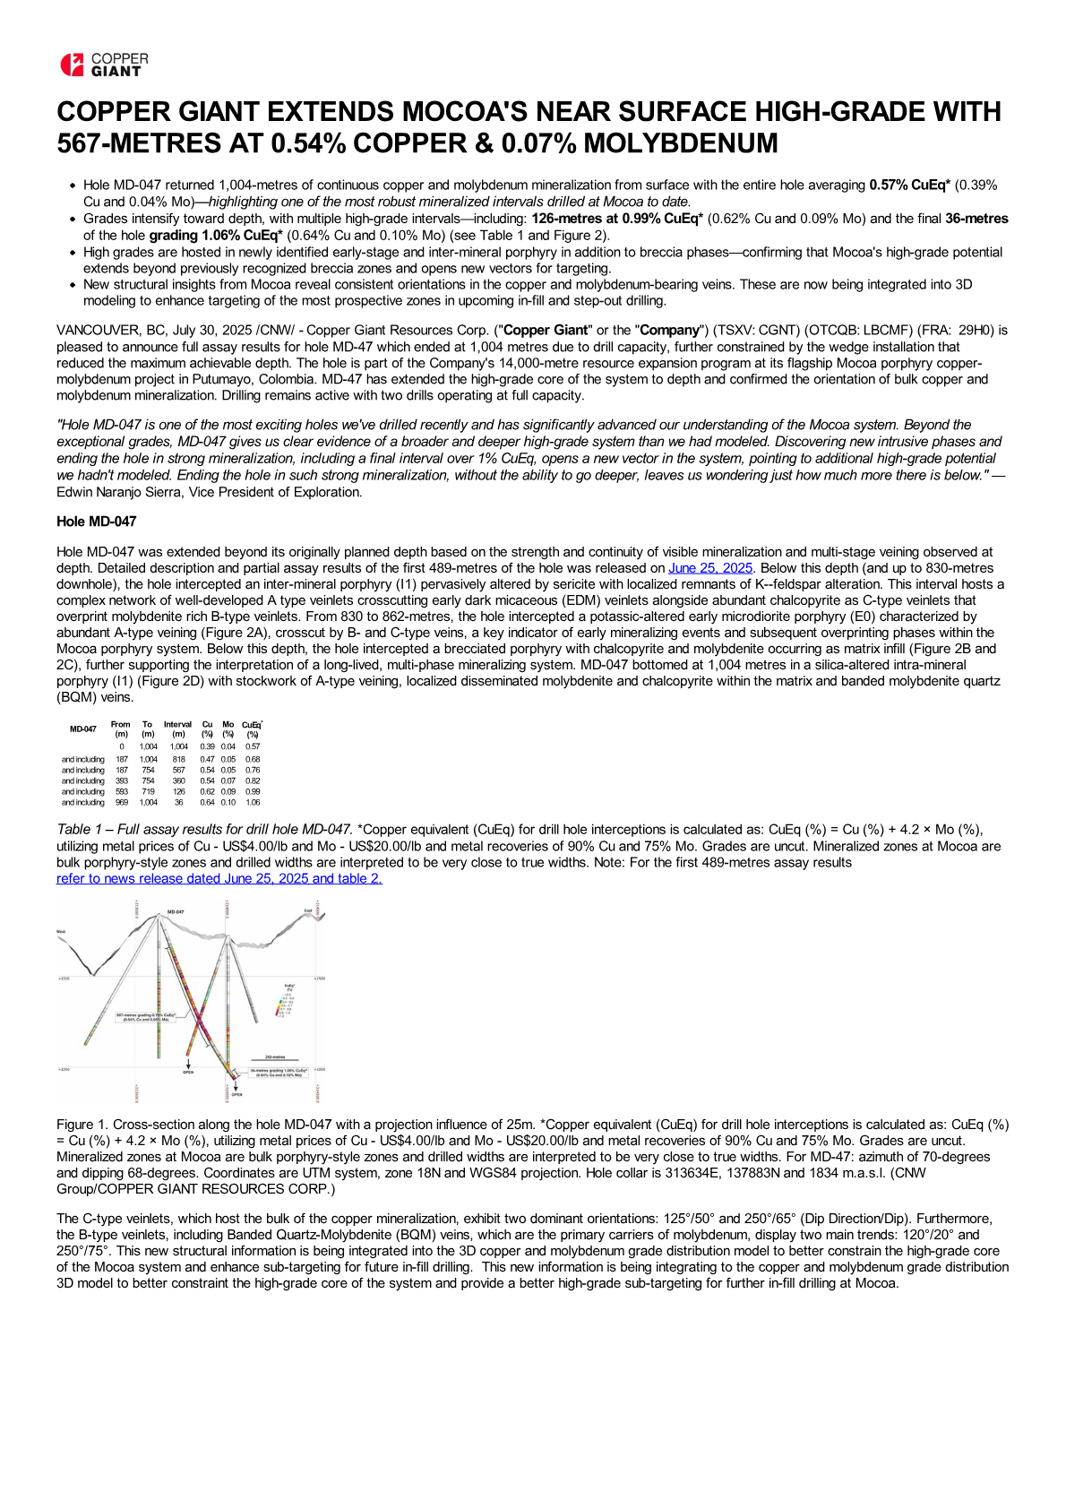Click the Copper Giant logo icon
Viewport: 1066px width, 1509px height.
tap(72, 65)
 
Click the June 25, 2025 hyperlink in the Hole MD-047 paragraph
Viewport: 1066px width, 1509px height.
tap(710, 568)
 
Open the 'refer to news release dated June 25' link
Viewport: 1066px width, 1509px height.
tap(219, 878)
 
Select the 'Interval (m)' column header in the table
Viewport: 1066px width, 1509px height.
tap(177, 729)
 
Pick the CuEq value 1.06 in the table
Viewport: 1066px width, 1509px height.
tap(253, 802)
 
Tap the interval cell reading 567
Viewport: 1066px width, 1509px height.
tap(179, 770)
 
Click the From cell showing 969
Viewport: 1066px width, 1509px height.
tap(122, 802)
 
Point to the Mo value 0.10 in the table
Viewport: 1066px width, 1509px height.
tap(228, 802)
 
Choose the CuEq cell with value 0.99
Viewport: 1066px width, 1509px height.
tap(253, 791)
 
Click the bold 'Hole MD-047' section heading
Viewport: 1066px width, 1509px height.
tap(97, 522)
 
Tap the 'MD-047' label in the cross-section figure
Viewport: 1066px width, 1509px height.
tap(176, 912)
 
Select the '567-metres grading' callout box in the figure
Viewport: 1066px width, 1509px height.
tap(145, 1016)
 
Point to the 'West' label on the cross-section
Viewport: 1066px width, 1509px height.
tap(61, 932)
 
